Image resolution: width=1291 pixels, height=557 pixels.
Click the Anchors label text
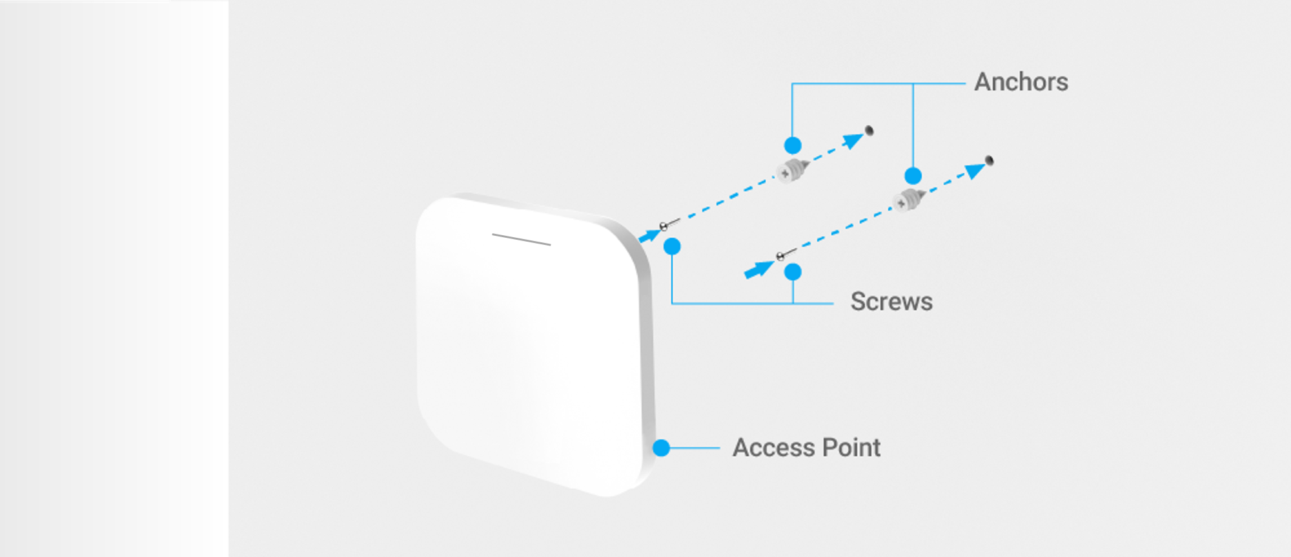[1021, 82]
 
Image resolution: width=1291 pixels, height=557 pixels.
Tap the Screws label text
[891, 302]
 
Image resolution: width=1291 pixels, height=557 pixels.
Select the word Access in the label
[772, 448]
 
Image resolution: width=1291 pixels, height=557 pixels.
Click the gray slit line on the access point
[521, 239]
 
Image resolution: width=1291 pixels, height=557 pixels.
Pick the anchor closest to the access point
[793, 171]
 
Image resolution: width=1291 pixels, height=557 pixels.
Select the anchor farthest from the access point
[909, 200]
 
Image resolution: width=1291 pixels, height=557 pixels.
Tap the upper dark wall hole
[869, 131]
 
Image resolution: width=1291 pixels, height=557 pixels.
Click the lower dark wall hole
[989, 160]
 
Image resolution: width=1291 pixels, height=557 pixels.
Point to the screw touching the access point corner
[670, 225]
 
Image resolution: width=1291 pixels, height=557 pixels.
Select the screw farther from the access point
[787, 254]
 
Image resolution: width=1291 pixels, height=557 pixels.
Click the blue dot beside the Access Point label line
[661, 448]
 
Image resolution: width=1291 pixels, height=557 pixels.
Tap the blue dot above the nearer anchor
[793, 145]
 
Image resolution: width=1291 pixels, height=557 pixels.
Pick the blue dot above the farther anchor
[913, 176]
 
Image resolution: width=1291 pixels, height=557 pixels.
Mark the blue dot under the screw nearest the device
[672, 246]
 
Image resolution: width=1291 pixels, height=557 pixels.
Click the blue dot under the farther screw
[793, 272]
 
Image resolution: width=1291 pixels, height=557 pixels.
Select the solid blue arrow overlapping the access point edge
[649, 235]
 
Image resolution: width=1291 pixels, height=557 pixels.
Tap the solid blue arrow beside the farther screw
[759, 269]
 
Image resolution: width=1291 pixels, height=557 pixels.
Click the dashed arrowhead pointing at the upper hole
[854, 140]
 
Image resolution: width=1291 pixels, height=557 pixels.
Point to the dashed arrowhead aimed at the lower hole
[975, 171]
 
